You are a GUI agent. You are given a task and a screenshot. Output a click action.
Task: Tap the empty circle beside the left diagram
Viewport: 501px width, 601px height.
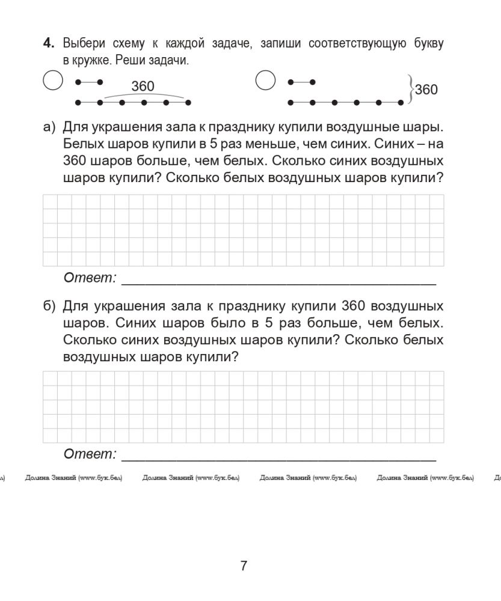click(53, 81)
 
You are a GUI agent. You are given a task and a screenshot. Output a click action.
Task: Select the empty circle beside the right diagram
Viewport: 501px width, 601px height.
click(265, 81)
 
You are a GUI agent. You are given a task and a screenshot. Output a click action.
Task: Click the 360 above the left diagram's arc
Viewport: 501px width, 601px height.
click(143, 87)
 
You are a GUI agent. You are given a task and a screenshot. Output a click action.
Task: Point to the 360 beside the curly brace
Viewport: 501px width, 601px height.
click(426, 90)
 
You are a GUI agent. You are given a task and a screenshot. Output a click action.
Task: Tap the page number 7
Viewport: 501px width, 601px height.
click(244, 566)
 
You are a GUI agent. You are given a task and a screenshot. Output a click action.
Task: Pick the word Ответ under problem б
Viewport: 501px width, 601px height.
click(90, 454)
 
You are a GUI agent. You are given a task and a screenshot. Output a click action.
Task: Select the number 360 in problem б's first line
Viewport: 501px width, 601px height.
click(354, 306)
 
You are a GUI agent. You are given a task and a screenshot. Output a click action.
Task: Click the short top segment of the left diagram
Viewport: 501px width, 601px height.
click(88, 82)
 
